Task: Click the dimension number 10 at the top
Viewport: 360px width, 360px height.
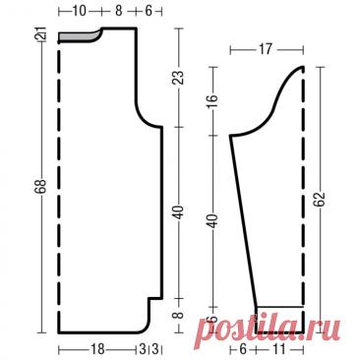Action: [x=79, y=11]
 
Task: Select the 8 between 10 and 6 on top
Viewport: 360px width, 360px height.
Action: [x=119, y=11]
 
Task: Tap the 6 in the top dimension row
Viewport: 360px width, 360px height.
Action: [x=149, y=11]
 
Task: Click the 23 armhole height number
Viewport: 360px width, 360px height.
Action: [x=179, y=78]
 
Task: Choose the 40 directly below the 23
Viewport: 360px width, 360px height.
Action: [x=179, y=212]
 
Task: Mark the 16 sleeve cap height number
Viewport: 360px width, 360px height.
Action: [x=213, y=98]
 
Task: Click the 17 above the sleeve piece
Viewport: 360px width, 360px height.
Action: [x=265, y=49]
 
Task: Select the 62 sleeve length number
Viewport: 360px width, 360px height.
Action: [x=321, y=200]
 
